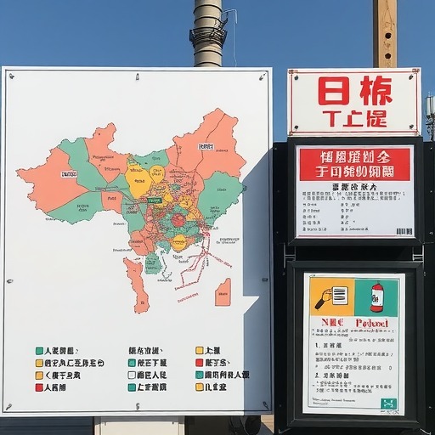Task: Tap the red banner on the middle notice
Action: (355, 163)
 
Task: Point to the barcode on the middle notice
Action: (404, 230)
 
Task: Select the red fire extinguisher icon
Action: (377, 297)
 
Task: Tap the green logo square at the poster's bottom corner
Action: (389, 404)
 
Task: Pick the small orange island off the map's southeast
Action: (223, 292)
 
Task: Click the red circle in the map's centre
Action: (178, 221)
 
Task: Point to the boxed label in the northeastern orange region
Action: (206, 146)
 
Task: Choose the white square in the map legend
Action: (132, 375)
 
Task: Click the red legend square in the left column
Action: (39, 387)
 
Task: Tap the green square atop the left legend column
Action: (39, 350)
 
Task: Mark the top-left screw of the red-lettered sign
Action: (293, 76)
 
